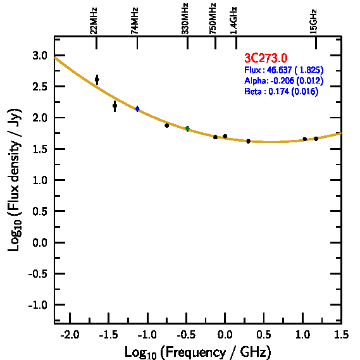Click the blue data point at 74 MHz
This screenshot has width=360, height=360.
(137, 109)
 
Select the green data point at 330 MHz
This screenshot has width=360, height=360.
(187, 128)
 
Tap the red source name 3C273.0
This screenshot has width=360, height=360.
(266, 58)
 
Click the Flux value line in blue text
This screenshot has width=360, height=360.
(284, 70)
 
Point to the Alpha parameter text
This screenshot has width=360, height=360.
(284, 80)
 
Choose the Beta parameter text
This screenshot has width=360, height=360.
(282, 91)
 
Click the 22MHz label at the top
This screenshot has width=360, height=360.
(94, 21)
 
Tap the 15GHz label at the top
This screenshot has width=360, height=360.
(313, 22)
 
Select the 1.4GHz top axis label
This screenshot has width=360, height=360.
(233, 21)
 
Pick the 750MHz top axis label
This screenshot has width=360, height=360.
(213, 19)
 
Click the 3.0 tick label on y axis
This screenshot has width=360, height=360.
(40, 56)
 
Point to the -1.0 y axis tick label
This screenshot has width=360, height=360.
(38, 305)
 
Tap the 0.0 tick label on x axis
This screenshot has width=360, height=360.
(225, 335)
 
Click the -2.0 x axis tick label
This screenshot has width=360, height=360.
(70, 335)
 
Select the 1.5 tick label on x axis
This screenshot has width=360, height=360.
(342, 335)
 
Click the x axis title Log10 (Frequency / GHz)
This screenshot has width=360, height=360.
(198, 352)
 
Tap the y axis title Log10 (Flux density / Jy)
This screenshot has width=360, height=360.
(15, 180)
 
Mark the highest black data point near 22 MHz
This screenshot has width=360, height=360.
(97, 80)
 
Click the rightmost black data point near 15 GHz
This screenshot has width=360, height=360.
(316, 139)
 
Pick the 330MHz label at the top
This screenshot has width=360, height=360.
(185, 19)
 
